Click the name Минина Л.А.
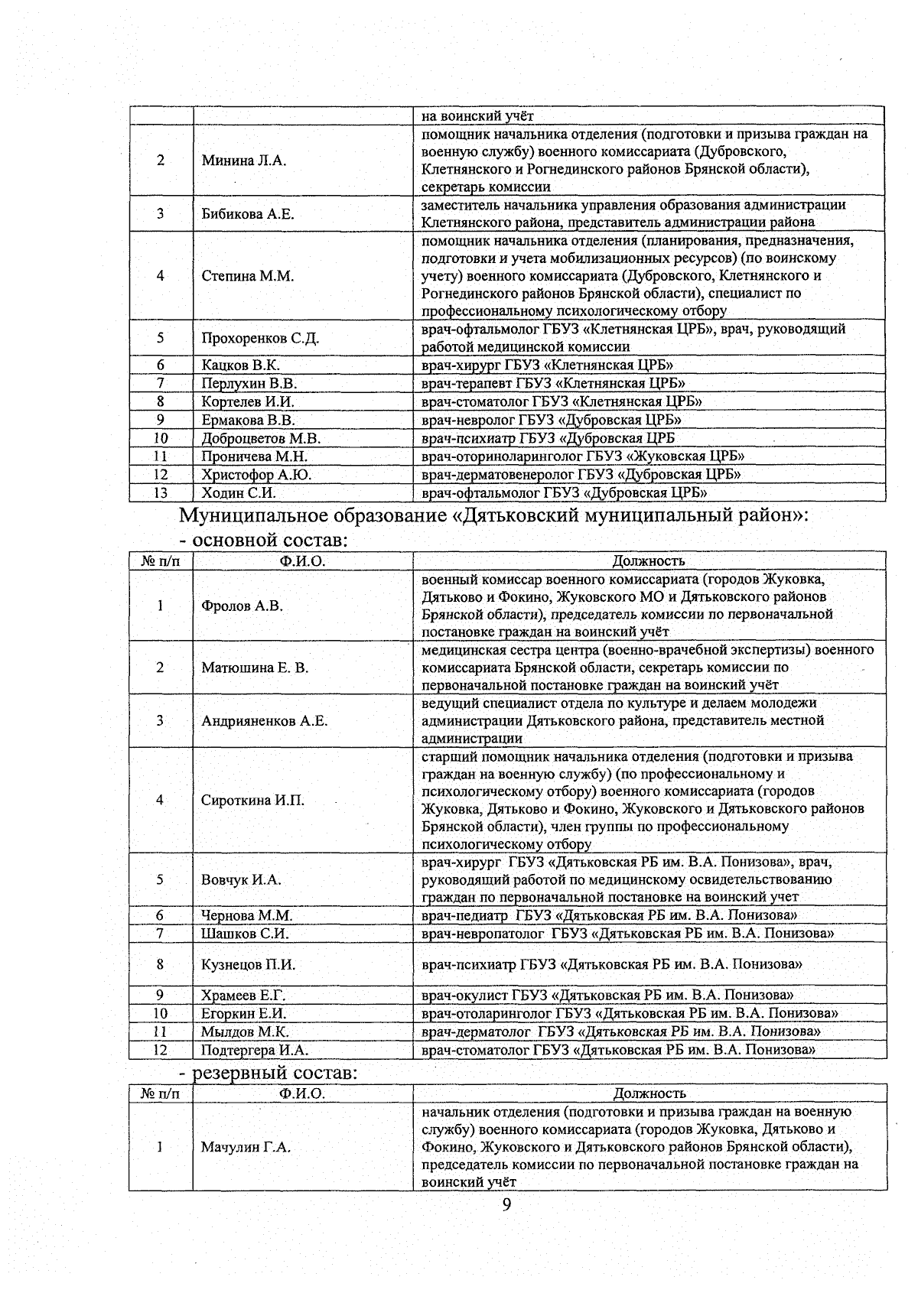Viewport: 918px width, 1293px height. click(x=244, y=161)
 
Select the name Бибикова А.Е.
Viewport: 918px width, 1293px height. click(x=248, y=214)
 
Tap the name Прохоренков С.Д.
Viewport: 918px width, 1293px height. click(x=260, y=338)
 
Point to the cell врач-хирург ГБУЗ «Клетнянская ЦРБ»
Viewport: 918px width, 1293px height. click(x=547, y=365)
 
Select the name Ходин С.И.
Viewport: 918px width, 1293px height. click(x=239, y=493)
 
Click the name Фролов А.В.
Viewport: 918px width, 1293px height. click(x=242, y=606)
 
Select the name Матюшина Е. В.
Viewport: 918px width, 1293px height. click(x=255, y=668)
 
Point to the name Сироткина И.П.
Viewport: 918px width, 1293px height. click(x=252, y=801)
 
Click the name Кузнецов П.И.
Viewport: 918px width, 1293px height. click(x=248, y=965)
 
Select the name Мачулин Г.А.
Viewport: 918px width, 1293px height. click(x=246, y=1147)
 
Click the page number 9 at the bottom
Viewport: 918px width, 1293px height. click(x=506, y=1206)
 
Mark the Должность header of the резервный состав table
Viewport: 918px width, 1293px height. click(x=649, y=1093)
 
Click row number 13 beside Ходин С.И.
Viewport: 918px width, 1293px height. click(x=161, y=493)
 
